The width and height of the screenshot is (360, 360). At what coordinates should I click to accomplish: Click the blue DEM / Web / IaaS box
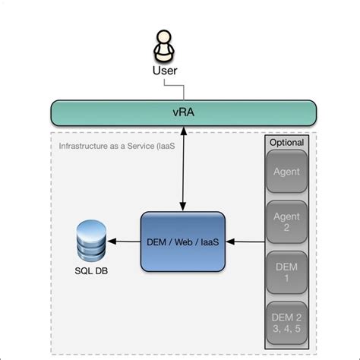point(183,242)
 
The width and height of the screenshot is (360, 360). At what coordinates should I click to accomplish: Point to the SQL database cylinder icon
point(92,238)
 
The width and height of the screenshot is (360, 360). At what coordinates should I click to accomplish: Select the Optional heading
point(286,142)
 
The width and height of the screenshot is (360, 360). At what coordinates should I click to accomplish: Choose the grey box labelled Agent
point(286,172)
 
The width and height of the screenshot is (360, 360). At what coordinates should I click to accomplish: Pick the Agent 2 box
point(286,222)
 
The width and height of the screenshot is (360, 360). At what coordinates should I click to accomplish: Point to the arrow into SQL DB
point(125,242)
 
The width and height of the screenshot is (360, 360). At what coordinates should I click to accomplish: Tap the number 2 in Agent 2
point(286,228)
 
